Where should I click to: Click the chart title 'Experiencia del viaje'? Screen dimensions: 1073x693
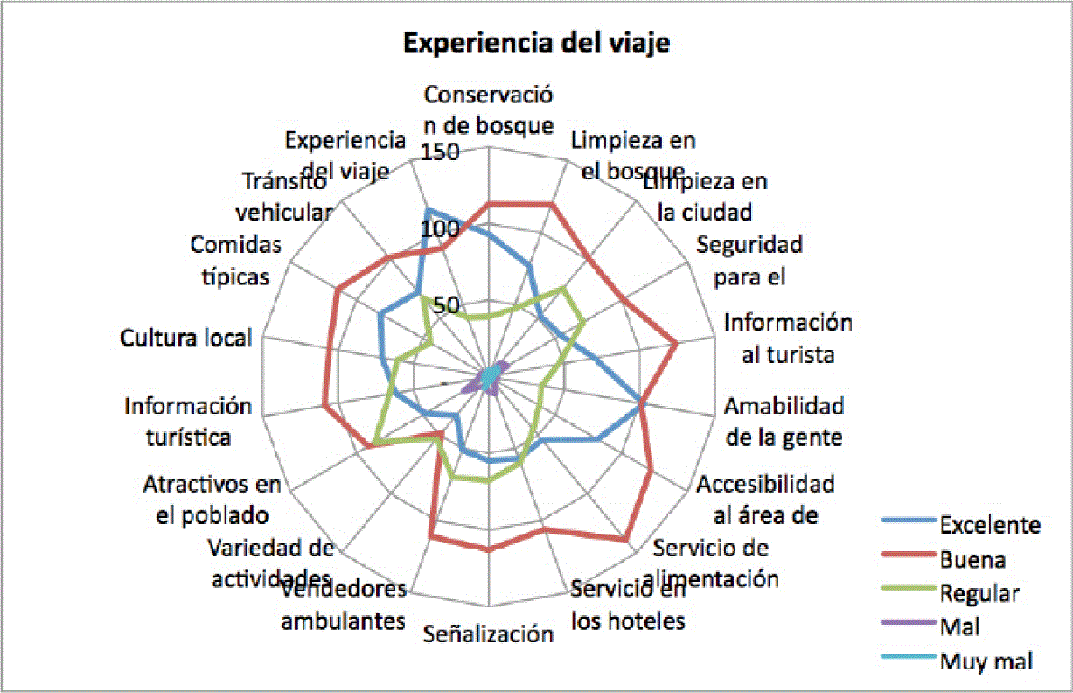536,44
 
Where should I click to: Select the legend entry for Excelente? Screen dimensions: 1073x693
989,525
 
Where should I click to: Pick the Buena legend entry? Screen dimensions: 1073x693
972,559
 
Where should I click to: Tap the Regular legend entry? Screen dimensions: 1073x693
979,593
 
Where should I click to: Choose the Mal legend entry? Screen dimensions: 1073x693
959,626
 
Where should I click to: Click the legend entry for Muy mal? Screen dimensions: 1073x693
986,661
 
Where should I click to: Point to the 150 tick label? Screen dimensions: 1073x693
439,153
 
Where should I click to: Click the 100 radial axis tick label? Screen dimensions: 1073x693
439,228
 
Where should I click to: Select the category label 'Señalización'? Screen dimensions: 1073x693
489,634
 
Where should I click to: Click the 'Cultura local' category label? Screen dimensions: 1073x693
186,338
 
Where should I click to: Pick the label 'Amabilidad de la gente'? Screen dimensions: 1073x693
784,422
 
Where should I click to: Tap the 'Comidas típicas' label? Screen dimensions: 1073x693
236,260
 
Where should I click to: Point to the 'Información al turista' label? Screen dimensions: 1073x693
787,338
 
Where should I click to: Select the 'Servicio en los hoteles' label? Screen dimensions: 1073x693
627,605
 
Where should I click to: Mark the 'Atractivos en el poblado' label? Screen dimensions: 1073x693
213,499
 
